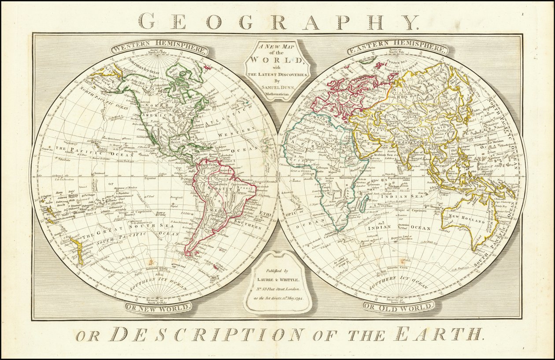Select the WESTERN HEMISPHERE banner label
[x=159, y=48]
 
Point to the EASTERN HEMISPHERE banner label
[x=397, y=48]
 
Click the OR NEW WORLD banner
[x=159, y=307]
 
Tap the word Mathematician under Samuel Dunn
[x=277, y=94]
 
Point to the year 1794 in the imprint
[x=304, y=298]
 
